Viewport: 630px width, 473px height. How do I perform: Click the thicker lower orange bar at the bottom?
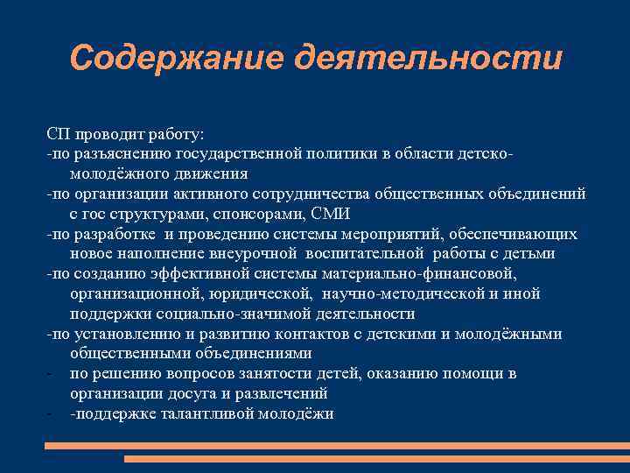375,458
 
